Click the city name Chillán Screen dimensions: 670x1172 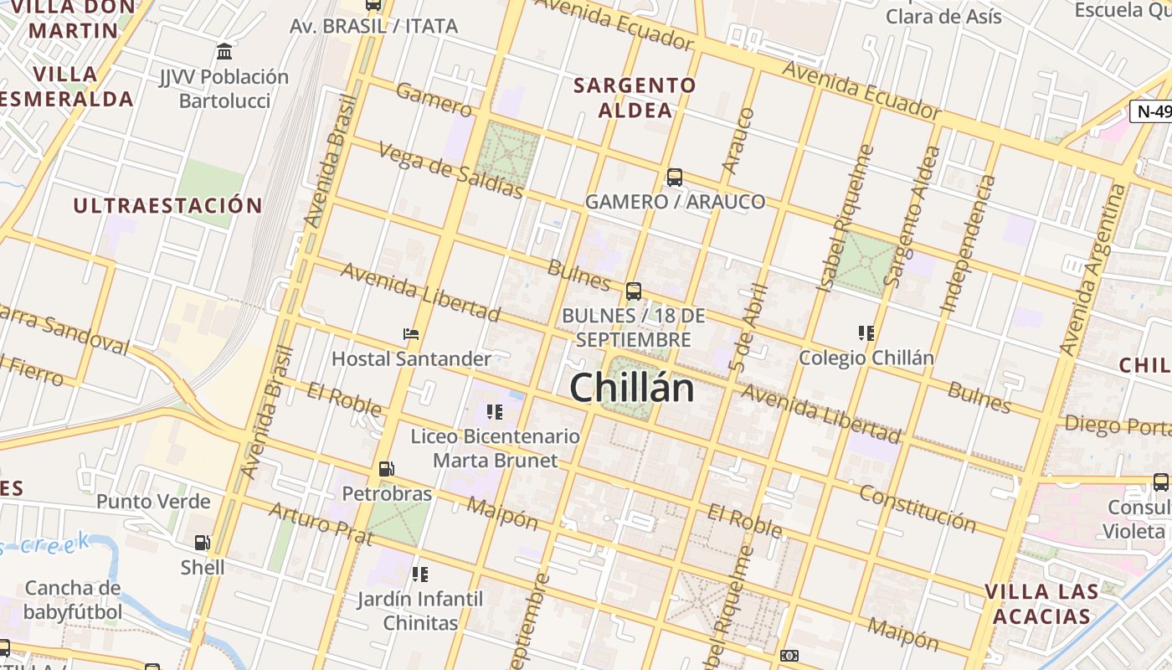(x=632, y=389)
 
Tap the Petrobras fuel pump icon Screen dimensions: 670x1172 (x=386, y=469)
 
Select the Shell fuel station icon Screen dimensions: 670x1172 (x=203, y=544)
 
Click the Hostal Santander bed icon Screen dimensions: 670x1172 (x=411, y=334)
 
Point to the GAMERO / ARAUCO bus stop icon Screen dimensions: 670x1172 (x=674, y=178)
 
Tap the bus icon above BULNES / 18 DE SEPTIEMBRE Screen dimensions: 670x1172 (x=634, y=291)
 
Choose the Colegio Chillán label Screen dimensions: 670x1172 (x=866, y=358)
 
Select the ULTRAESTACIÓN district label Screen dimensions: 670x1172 (x=167, y=205)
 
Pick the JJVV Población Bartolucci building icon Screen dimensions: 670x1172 (x=224, y=52)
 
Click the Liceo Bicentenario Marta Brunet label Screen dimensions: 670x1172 (x=495, y=448)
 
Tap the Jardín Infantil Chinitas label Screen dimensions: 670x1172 (x=420, y=611)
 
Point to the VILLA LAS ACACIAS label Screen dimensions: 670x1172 (x=1041, y=604)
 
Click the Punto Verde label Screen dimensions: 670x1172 (x=153, y=502)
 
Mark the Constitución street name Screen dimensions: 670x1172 (x=918, y=508)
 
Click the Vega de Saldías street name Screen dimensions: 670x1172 (x=451, y=171)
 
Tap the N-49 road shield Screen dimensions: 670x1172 (x=1153, y=111)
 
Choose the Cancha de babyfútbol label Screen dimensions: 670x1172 (x=73, y=600)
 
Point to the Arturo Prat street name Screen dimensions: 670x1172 (x=320, y=523)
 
